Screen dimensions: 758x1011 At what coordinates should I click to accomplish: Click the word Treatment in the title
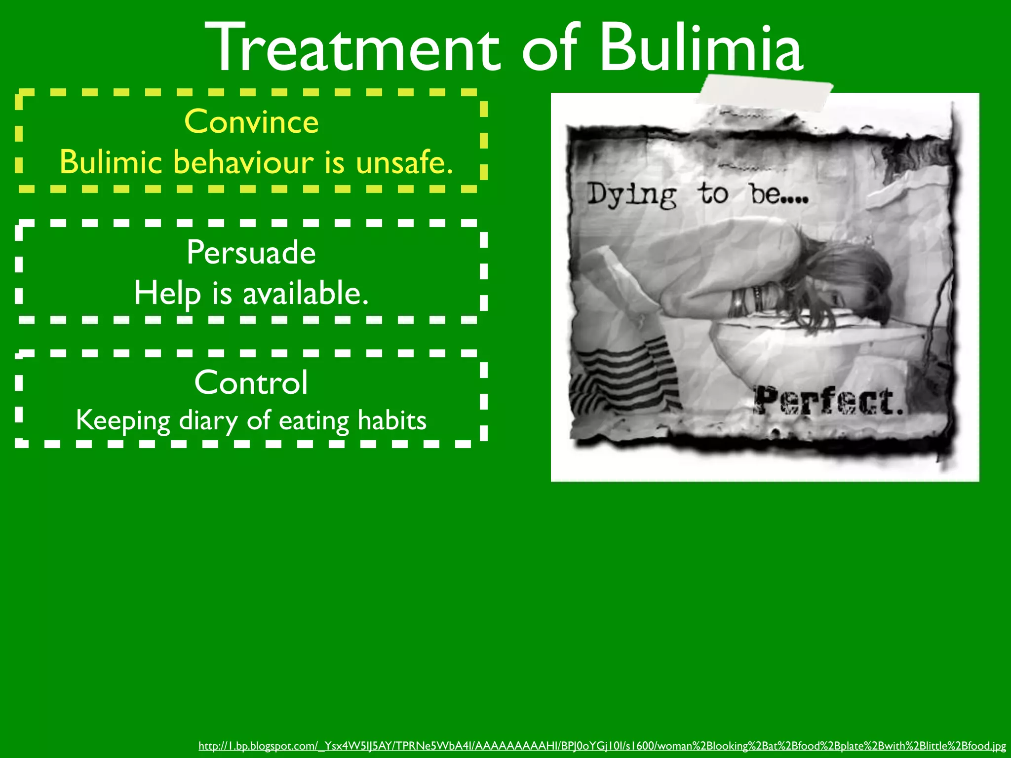click(x=352, y=48)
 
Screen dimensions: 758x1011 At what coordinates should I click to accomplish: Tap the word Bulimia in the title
click(x=701, y=48)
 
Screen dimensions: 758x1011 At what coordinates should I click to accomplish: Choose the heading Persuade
click(x=251, y=252)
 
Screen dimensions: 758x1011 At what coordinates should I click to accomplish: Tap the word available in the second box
click(x=306, y=293)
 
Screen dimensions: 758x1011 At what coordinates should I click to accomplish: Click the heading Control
click(x=251, y=382)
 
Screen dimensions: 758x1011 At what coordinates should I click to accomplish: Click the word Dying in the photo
click(x=631, y=195)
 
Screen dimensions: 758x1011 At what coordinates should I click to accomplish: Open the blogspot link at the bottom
click(x=602, y=746)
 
